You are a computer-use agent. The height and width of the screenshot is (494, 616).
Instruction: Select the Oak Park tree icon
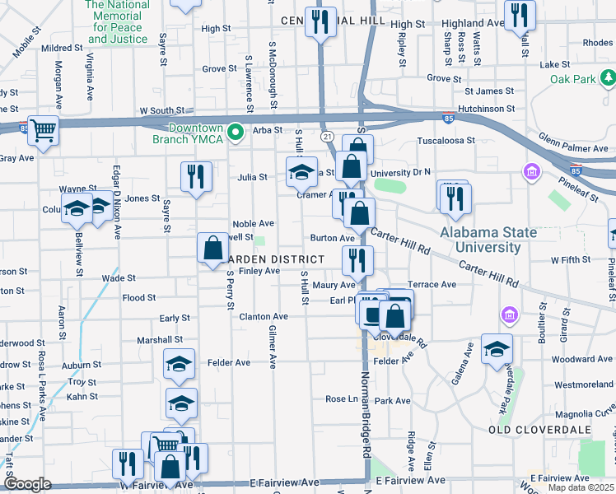pyautogui.click(x=608, y=78)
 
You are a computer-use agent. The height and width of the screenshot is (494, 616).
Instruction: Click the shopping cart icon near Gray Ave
pyautogui.click(x=44, y=131)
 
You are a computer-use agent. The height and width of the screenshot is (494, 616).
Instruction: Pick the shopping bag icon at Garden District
pyautogui.click(x=212, y=248)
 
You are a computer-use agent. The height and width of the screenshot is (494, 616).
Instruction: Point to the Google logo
pyautogui.click(x=27, y=484)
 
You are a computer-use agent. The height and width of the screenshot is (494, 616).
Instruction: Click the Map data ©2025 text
pyautogui.click(x=580, y=488)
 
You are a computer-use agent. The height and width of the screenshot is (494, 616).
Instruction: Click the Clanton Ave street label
pyautogui.click(x=264, y=316)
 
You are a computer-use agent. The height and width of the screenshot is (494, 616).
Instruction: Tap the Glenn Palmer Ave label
pyautogui.click(x=572, y=147)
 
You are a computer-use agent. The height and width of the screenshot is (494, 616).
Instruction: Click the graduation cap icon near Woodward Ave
pyautogui.click(x=497, y=348)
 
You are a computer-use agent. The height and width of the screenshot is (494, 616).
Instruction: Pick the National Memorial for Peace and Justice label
pyautogui.click(x=119, y=21)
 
